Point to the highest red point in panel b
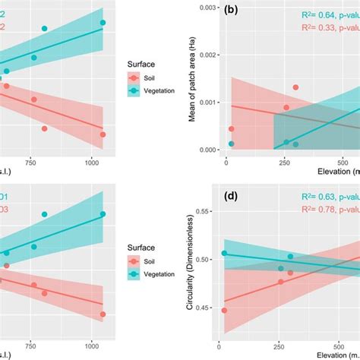[x=295, y=88]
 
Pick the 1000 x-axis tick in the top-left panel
[x=92, y=162]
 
